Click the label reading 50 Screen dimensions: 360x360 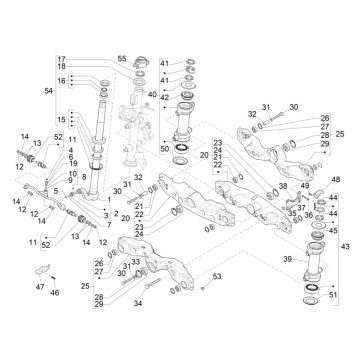point(164,147)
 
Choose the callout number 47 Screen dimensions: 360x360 point(38,286)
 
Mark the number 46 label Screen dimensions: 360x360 point(55,293)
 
